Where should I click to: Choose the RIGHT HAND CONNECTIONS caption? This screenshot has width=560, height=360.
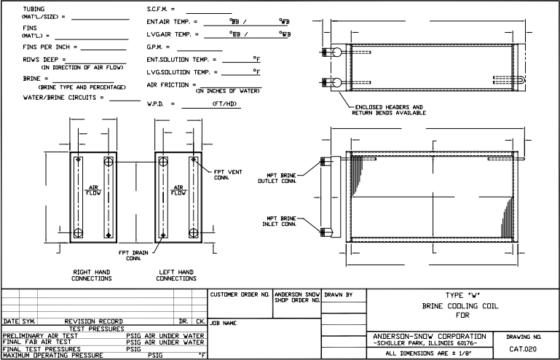pos(92,275)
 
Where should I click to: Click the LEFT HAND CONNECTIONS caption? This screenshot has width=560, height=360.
pos(176,275)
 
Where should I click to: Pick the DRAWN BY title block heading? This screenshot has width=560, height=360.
pos(338,295)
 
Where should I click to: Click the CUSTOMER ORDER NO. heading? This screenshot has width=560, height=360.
pos(240,295)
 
